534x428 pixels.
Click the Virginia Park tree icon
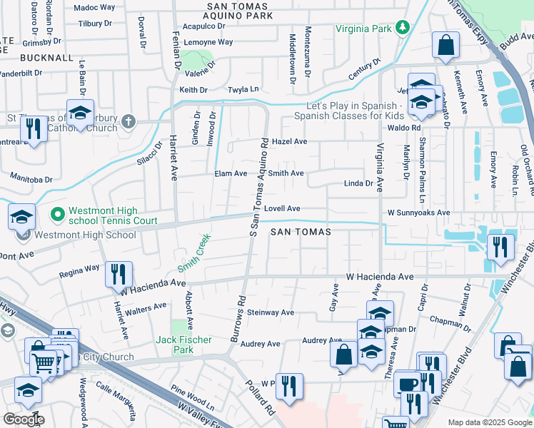(x=403, y=29)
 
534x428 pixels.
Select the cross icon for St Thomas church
(x=128, y=120)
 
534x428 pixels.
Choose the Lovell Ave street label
(x=282, y=208)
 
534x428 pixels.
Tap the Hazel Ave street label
(x=289, y=142)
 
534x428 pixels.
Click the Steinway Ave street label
(x=271, y=312)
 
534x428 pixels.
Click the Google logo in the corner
(x=24, y=419)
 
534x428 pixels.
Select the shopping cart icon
(x=44, y=362)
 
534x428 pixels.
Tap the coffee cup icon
(x=408, y=382)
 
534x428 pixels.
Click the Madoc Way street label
(x=94, y=7)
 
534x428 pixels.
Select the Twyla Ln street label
(x=243, y=90)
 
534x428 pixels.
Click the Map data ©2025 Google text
(x=489, y=422)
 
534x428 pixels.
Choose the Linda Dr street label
(x=358, y=183)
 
